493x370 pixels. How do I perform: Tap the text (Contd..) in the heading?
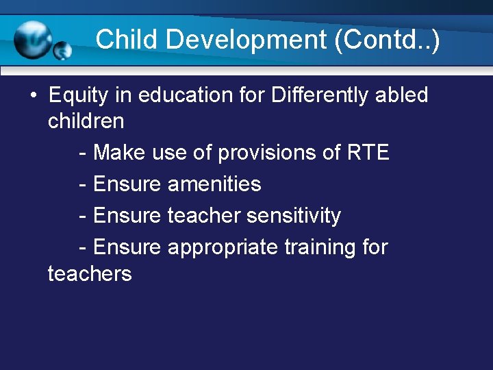point(387,39)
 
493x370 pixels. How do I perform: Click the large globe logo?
point(34,39)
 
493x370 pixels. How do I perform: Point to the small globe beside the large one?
point(63,51)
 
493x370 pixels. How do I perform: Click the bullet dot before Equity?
point(34,95)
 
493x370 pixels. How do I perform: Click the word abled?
point(401,95)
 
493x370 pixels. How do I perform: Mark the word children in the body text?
point(86,121)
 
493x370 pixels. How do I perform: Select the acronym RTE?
point(368,152)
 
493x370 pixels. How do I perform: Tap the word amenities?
point(214,184)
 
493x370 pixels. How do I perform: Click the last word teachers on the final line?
point(89,273)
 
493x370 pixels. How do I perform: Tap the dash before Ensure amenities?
point(83,184)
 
